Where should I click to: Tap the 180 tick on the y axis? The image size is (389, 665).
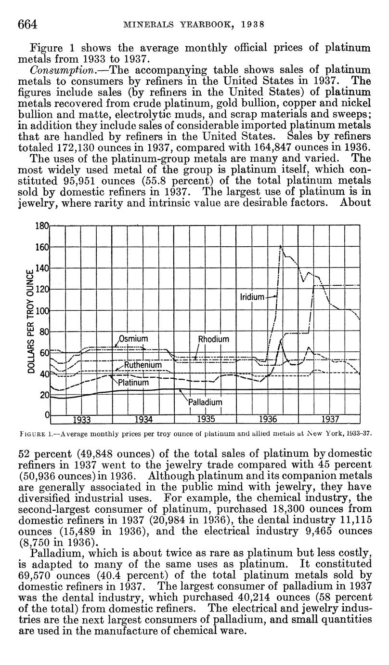tap(42, 226)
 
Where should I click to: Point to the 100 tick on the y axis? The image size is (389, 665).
tap(42, 311)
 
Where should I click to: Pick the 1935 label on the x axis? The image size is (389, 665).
tap(206, 419)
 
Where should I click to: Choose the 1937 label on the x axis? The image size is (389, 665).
tap(330, 419)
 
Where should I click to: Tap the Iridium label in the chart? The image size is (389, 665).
tap(252, 297)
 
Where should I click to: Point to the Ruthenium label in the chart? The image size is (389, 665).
tap(143, 365)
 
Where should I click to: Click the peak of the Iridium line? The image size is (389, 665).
tap(280, 246)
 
